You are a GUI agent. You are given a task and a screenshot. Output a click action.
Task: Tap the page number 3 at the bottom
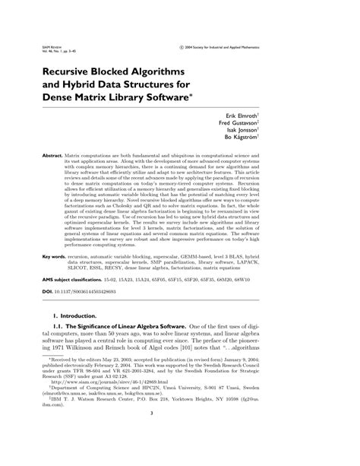(x=180, y=435)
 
